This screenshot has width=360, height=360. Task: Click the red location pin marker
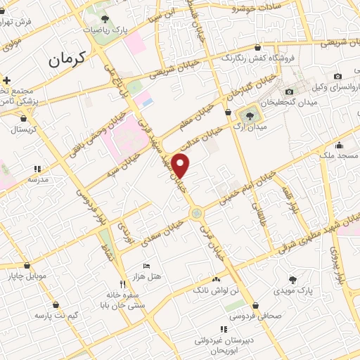point(182,165)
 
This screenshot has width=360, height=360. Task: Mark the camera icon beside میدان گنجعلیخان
point(289,91)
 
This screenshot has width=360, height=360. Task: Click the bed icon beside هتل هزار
point(146,266)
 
